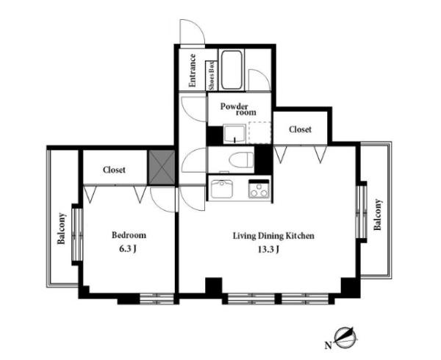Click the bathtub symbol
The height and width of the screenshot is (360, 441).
pyautogui.click(x=232, y=70)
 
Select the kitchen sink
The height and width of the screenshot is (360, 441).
pyautogui.click(x=222, y=189)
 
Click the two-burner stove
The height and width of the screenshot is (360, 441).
pyautogui.click(x=259, y=189)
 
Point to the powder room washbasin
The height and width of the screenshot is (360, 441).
pyautogui.click(x=234, y=134)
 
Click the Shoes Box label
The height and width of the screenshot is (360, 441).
pyautogui.click(x=212, y=76)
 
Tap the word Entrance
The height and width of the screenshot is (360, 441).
pyautogui.click(x=193, y=71)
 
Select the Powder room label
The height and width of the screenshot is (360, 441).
pyautogui.click(x=238, y=109)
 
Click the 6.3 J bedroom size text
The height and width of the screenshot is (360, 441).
pyautogui.click(x=128, y=249)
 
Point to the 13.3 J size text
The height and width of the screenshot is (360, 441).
pyautogui.click(x=268, y=249)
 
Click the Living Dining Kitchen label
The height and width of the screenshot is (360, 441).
pyautogui.click(x=273, y=236)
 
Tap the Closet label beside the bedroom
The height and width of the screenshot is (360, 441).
pyautogui.click(x=114, y=170)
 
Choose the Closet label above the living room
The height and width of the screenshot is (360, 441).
pyautogui.click(x=300, y=129)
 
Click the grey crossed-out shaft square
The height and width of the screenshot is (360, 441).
pyautogui.click(x=162, y=168)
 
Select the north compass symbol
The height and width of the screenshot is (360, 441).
pyautogui.click(x=345, y=337)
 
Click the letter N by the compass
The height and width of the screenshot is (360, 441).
pyautogui.click(x=328, y=345)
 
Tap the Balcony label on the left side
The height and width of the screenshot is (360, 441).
pyautogui.click(x=61, y=228)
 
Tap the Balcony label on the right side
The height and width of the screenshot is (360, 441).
pyautogui.click(x=378, y=215)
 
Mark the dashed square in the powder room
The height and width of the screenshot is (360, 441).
pyautogui.click(x=259, y=133)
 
